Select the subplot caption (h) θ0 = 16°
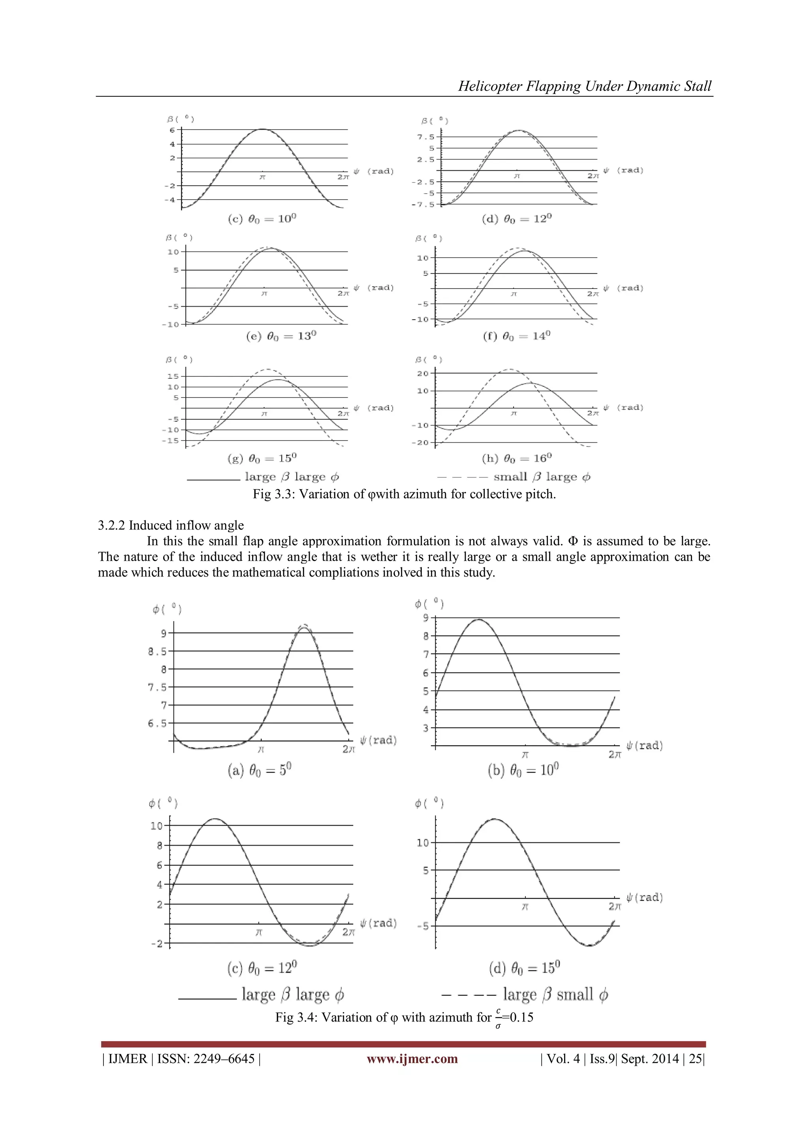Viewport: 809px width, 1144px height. click(517, 458)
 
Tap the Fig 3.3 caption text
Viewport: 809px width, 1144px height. click(404, 494)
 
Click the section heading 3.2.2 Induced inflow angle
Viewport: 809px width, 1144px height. click(171, 525)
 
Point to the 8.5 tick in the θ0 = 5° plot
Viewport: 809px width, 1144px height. click(158, 651)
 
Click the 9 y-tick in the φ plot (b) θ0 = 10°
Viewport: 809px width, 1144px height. click(425, 618)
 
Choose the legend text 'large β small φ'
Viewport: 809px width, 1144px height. click(555, 995)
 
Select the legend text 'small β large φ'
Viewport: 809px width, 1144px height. click(542, 477)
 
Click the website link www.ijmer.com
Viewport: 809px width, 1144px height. click(412, 1059)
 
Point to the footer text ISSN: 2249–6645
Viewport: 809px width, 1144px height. click(206, 1059)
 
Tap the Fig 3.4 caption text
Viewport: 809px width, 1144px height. click(404, 1018)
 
